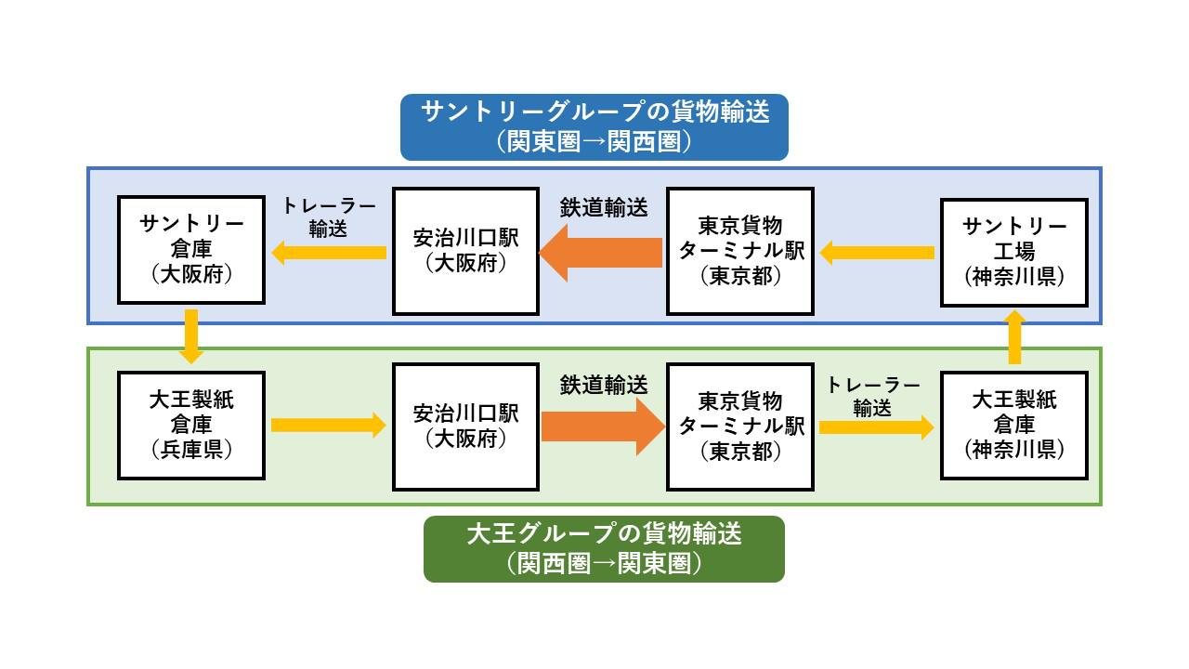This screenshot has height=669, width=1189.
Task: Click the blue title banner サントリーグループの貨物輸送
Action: (594, 126)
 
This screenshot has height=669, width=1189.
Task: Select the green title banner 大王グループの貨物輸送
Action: (604, 548)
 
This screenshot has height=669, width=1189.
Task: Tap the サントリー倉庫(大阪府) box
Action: (191, 250)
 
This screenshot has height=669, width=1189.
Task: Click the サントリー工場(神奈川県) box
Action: (1013, 252)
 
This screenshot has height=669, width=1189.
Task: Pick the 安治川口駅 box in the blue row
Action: (465, 251)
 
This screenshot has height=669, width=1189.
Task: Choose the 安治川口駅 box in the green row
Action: (465, 426)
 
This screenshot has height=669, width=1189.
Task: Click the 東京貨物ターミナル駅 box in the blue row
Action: (740, 251)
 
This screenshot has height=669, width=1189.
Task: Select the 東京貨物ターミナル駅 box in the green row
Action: (740, 426)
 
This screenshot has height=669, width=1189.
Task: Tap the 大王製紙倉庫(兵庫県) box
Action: (191, 425)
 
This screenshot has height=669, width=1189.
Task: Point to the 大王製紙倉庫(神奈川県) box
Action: (1013, 425)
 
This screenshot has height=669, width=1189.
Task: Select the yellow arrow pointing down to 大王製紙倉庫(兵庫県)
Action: (192, 336)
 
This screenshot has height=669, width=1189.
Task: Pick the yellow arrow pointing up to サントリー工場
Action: (1014, 336)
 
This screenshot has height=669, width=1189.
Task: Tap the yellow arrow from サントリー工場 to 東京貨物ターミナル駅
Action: (877, 252)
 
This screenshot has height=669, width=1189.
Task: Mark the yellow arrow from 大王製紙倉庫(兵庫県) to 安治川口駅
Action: (328, 426)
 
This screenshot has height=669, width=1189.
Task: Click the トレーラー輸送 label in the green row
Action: (872, 397)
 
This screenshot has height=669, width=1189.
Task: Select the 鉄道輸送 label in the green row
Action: (604, 384)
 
